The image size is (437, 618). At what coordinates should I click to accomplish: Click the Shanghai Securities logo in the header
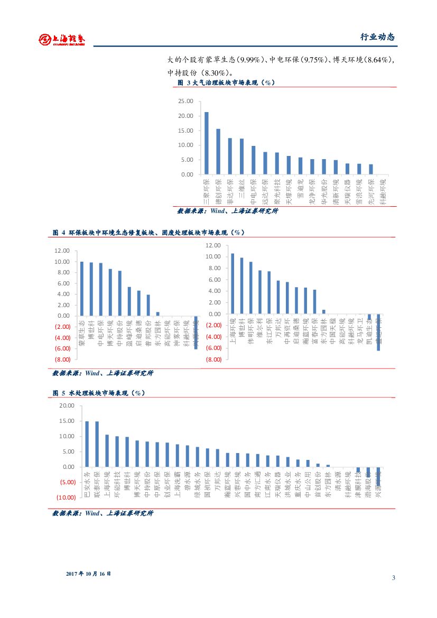click(x=62, y=39)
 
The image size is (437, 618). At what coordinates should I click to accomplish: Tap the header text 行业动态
click(x=377, y=37)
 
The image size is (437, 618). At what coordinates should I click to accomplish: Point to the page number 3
click(x=393, y=577)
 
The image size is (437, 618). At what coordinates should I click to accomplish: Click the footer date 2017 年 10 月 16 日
click(x=89, y=574)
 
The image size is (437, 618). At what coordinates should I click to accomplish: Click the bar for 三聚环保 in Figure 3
click(x=206, y=143)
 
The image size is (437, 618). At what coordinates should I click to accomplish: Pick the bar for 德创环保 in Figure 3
click(x=218, y=152)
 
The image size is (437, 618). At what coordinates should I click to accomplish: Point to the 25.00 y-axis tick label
click(x=185, y=102)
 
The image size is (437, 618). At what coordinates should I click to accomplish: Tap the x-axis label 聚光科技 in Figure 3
click(x=277, y=191)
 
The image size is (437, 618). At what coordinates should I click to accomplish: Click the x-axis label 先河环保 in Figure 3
click(x=371, y=191)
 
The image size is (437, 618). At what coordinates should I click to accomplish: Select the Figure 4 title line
click(x=148, y=233)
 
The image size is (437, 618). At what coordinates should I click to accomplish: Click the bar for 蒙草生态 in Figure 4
click(x=81, y=289)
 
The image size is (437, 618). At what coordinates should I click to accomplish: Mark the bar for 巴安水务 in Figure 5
click(x=87, y=444)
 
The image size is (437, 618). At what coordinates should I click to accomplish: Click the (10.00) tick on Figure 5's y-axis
click(x=68, y=497)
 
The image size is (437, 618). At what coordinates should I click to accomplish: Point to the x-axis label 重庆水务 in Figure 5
click(x=298, y=484)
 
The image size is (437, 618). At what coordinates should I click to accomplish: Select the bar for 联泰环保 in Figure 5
click(x=97, y=444)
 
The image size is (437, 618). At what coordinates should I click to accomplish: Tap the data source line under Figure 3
click(x=227, y=211)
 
